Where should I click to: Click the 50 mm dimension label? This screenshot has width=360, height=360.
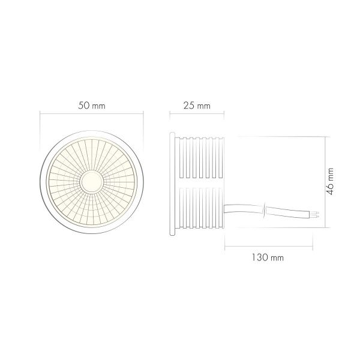click(92, 105)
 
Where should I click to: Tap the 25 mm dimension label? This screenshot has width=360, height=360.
click(197, 106)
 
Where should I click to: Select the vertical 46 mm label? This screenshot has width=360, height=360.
click(331, 180)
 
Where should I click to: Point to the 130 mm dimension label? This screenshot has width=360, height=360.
click(268, 257)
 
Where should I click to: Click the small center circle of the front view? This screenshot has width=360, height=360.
click(92, 180)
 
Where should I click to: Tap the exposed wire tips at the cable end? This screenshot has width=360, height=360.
click(317, 214)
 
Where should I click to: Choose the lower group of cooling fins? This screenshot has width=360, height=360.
click(200, 207)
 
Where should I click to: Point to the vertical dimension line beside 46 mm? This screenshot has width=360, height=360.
click(325, 181)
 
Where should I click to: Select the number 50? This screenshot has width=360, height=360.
click(84, 105)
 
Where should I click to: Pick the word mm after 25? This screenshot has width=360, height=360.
click(203, 106)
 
